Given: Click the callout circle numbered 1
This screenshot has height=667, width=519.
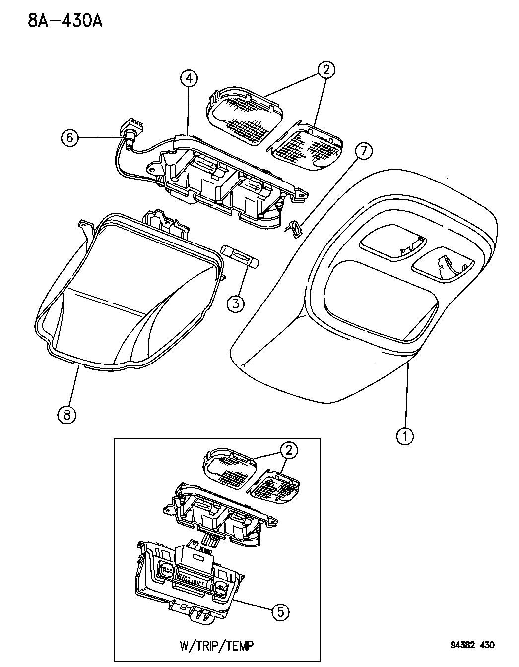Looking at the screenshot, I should coord(405,436).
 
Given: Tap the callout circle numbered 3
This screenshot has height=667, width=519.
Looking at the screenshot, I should coord(236,303).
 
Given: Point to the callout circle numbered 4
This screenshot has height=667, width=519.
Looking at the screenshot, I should coord(189,78).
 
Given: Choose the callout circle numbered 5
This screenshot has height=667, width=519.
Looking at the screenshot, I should coord(280,612).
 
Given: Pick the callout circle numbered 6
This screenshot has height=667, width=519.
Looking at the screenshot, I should coord(70,137).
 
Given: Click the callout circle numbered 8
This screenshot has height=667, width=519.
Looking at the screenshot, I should coord(67,413).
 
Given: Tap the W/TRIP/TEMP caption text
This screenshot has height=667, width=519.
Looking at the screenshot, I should coord(216,645).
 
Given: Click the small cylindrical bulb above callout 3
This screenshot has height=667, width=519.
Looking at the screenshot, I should coord(241,257).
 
